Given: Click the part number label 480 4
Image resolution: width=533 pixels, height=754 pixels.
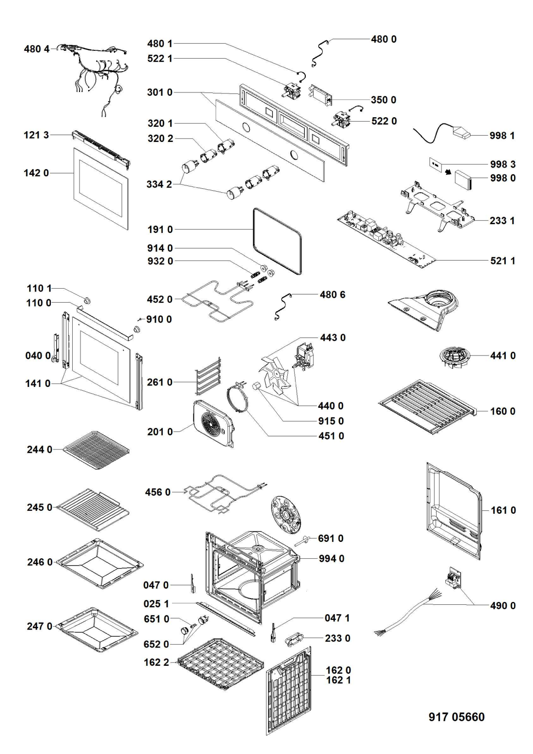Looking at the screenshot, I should click(37, 49).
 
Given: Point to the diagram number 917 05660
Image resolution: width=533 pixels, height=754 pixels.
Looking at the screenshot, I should click(456, 717).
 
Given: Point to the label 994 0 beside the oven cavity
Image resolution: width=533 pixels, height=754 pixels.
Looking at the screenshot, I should click(331, 558).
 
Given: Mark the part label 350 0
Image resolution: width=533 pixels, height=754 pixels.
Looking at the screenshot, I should click(384, 100).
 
